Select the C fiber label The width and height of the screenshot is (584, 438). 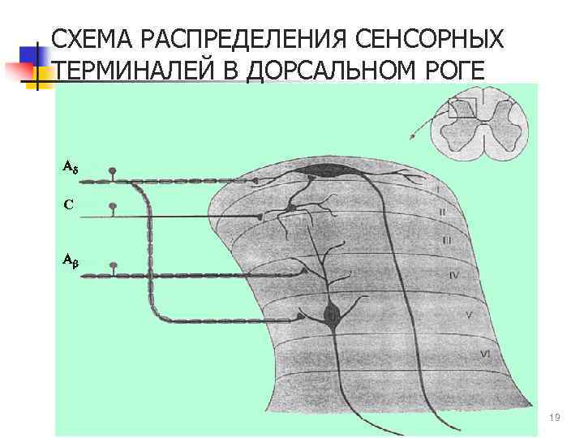point(68,204)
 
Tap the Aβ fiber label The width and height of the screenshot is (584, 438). point(70,261)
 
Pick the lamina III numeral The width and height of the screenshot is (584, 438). point(447,241)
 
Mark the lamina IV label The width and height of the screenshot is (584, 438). point(453,276)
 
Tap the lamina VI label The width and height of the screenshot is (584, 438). point(484,353)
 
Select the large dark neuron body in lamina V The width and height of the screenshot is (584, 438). point(331,314)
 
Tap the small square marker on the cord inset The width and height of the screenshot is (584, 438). point(463,108)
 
